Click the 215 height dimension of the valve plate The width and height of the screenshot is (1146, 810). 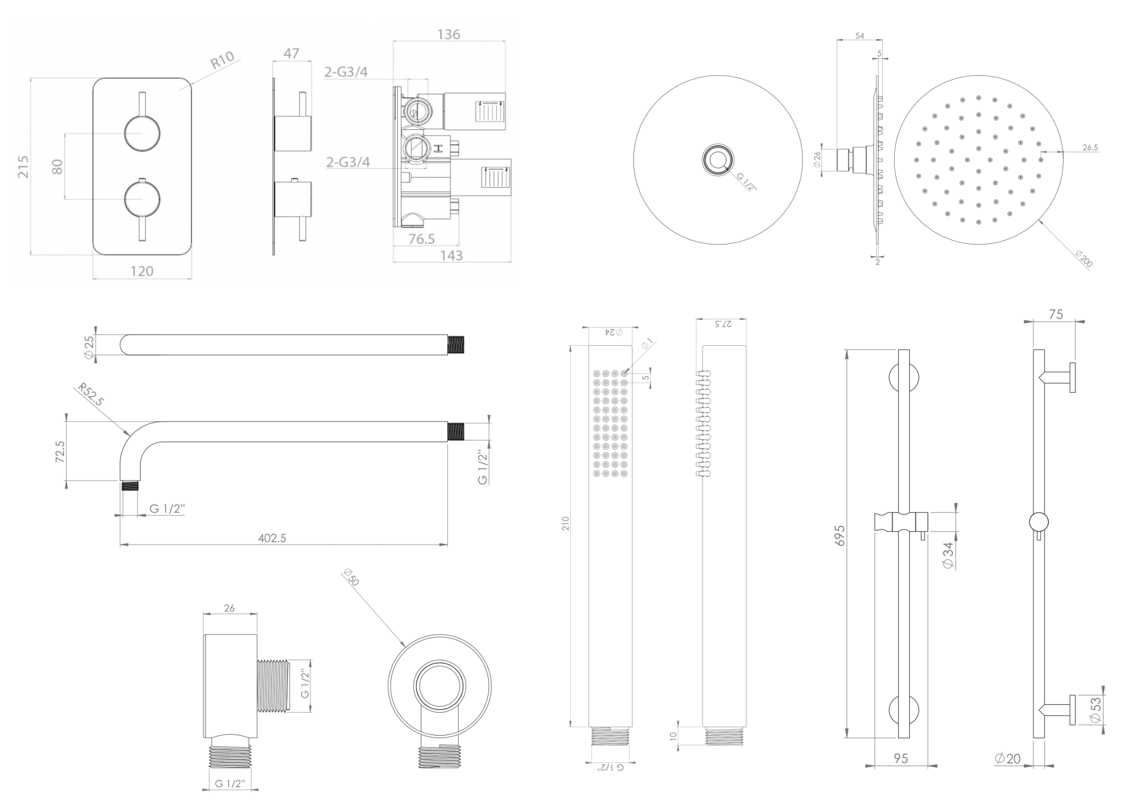coord(23,167)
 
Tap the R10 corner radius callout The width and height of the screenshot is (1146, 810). coord(222,60)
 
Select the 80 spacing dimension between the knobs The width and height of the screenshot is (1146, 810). coord(58,167)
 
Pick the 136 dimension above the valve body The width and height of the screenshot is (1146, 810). coord(449,35)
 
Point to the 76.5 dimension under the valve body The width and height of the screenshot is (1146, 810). coord(421,239)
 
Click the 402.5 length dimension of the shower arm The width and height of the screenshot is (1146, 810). coord(273,538)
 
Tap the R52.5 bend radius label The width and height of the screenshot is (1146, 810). coord(91,394)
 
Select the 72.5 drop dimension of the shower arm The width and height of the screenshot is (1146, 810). coord(60,451)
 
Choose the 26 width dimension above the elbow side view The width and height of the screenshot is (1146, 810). coord(229,608)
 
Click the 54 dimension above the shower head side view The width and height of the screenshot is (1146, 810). coord(859,36)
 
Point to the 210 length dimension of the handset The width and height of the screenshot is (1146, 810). coord(566,524)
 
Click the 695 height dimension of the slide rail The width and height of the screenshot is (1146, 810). coord(840,536)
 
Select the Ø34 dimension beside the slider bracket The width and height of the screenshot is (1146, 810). coord(948,555)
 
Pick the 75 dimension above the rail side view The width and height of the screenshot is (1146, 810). coord(1055,314)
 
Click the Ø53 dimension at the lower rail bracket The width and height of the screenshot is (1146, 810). coord(1095,710)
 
